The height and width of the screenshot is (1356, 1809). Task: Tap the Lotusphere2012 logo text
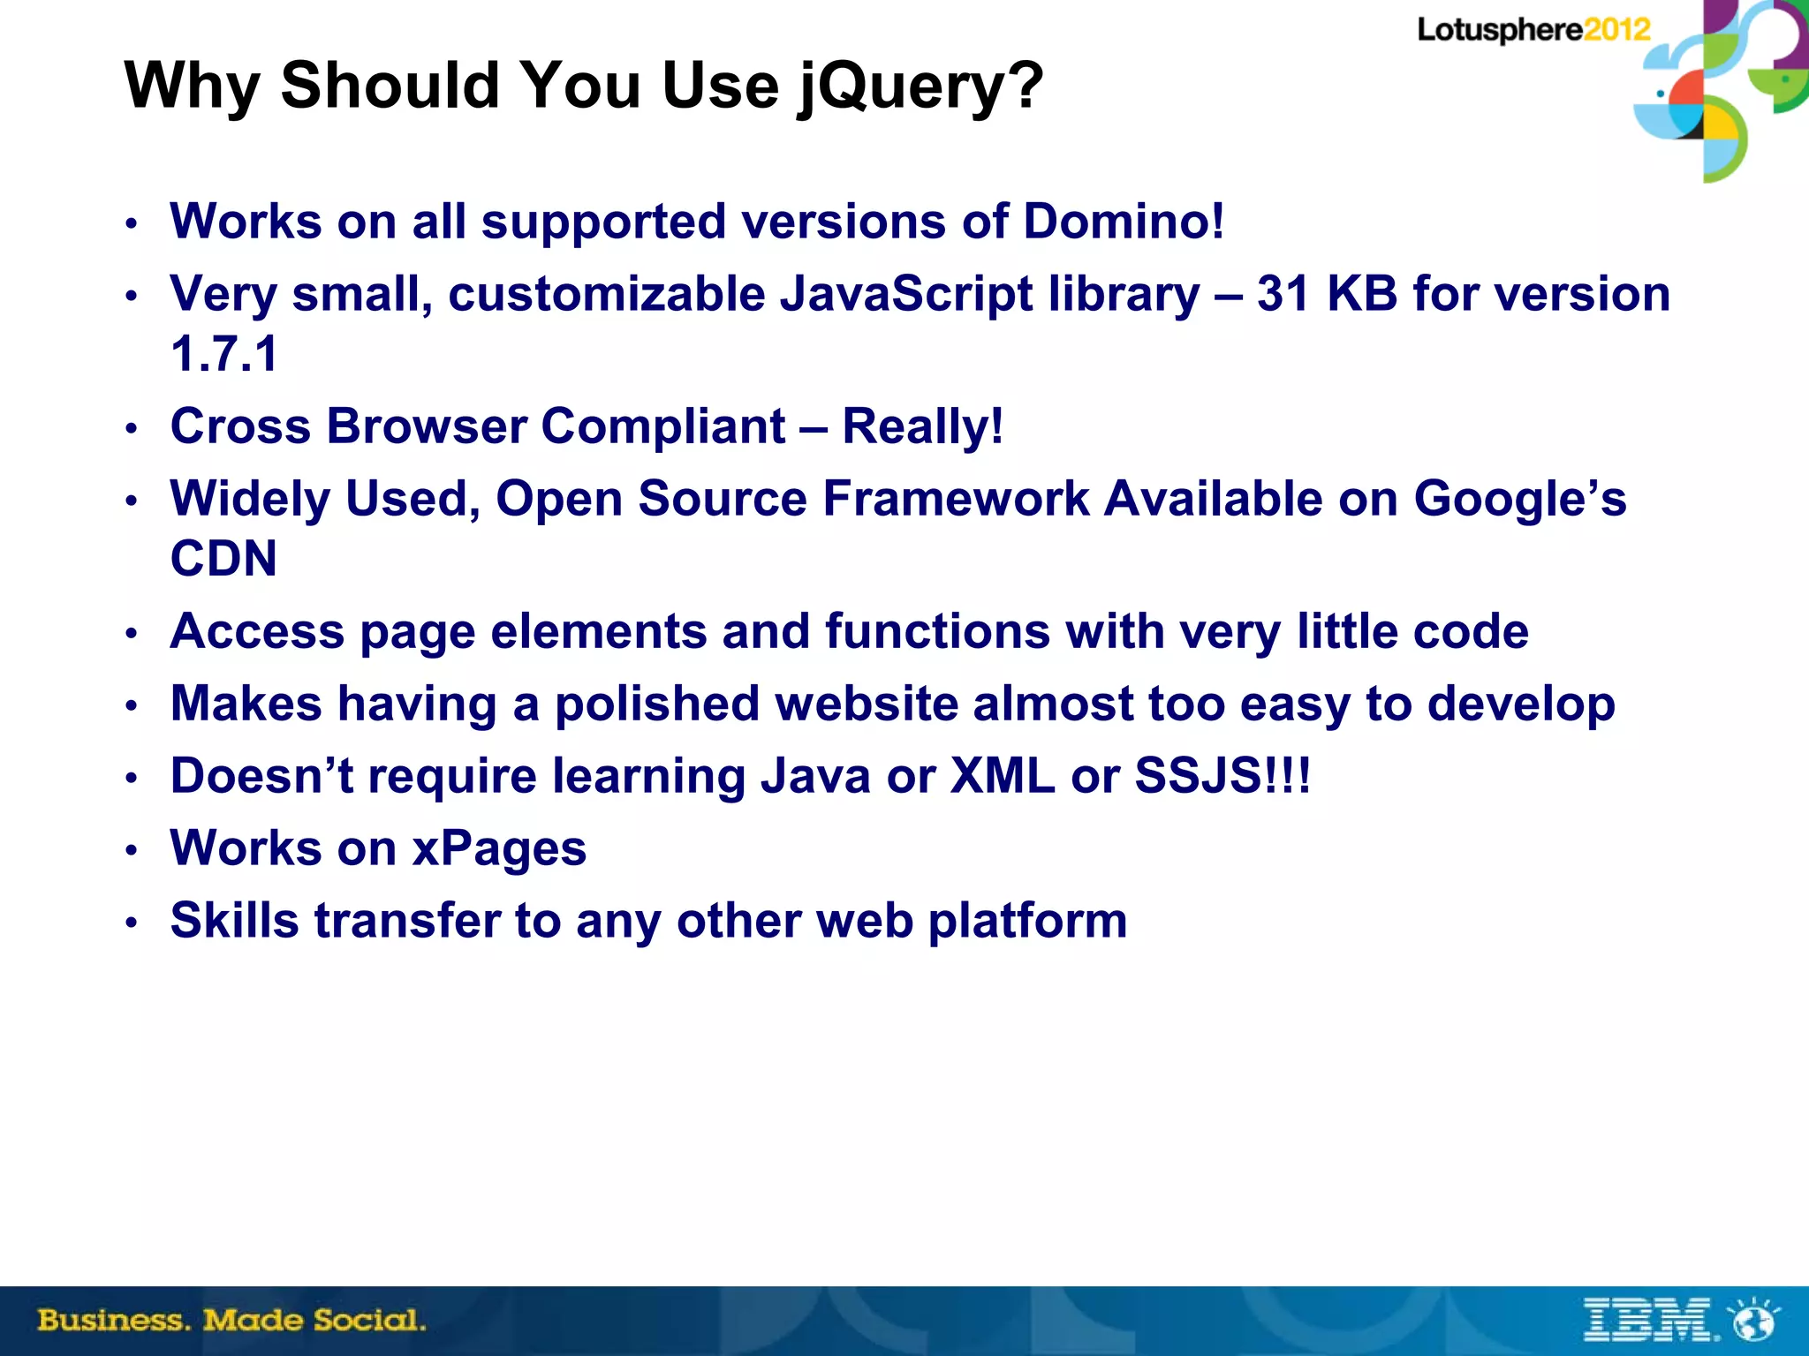pyautogui.click(x=1533, y=30)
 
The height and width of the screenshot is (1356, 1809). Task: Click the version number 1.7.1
pyautogui.click(x=224, y=354)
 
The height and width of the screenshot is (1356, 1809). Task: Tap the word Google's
pyautogui.click(x=1519, y=499)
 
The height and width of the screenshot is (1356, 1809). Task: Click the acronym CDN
pyautogui.click(x=223, y=559)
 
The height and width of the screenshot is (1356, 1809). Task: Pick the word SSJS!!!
pyautogui.click(x=1222, y=776)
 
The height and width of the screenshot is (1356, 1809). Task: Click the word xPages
pyautogui.click(x=500, y=848)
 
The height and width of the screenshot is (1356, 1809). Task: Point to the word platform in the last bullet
pyautogui.click(x=1027, y=921)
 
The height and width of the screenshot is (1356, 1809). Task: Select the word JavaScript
pyautogui.click(x=906, y=294)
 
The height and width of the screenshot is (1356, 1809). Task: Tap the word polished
pyautogui.click(x=657, y=704)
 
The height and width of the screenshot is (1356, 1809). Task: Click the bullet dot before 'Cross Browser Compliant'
pyautogui.click(x=132, y=429)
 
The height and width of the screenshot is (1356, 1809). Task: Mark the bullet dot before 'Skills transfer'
pyautogui.click(x=132, y=923)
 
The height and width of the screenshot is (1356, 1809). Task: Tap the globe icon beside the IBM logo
pyautogui.click(x=1754, y=1321)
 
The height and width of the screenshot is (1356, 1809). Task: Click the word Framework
pyautogui.click(x=956, y=499)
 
